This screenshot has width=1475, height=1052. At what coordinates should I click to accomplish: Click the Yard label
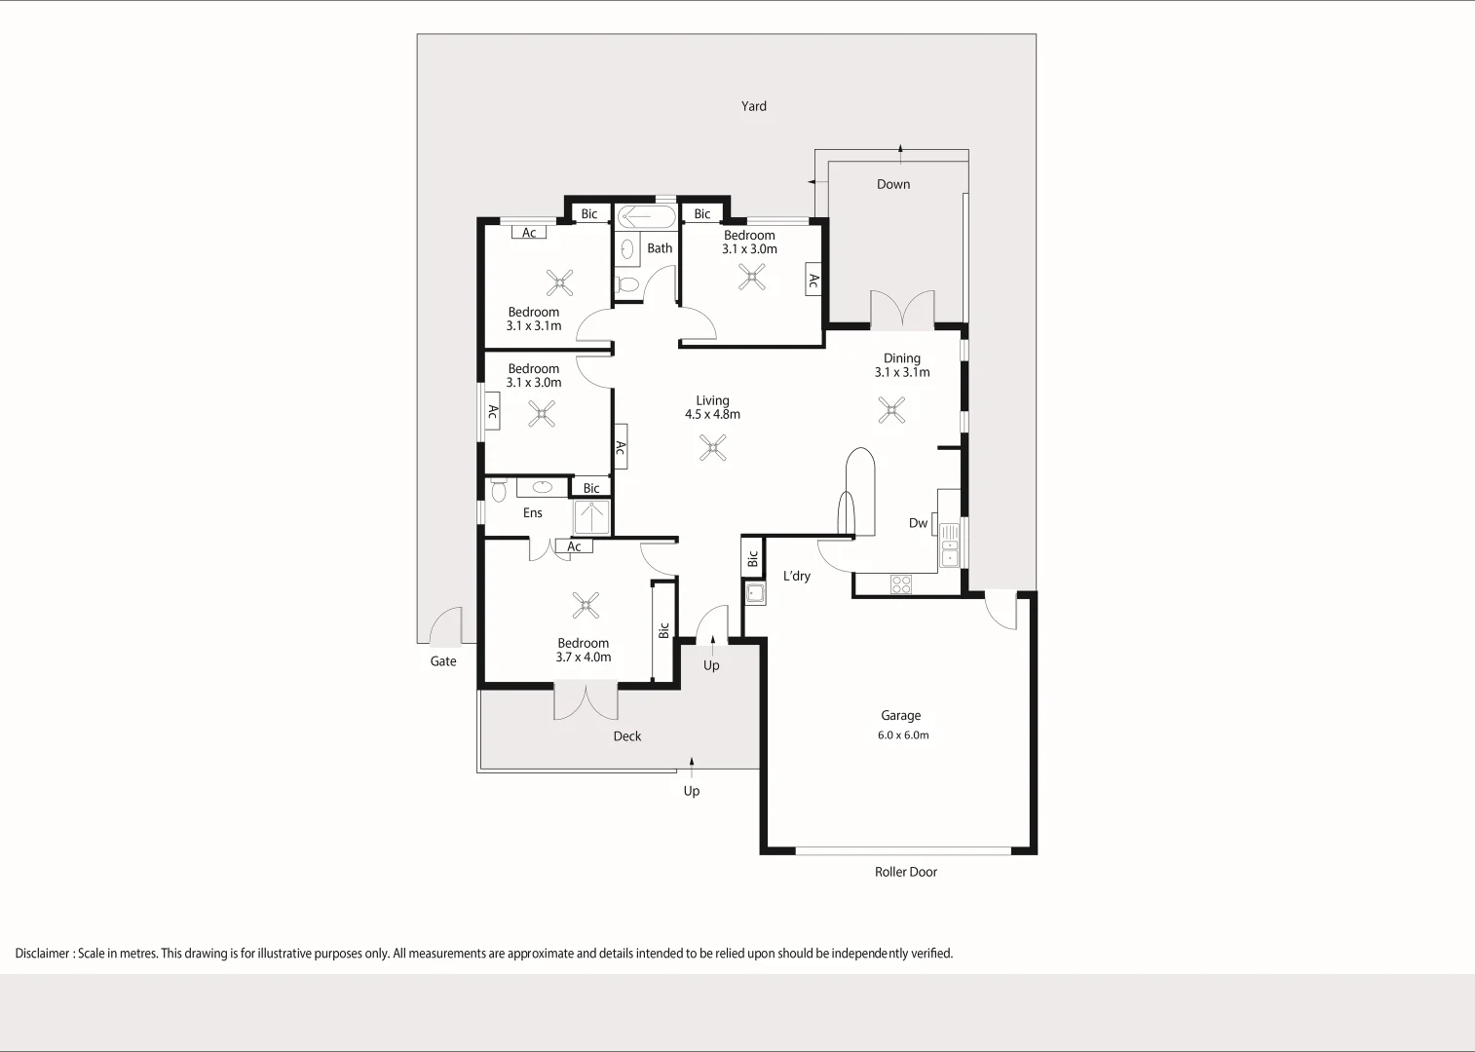click(x=753, y=106)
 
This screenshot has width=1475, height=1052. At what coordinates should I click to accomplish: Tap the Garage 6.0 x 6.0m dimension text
click(x=903, y=735)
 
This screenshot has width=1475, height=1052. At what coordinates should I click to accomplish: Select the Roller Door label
click(x=905, y=872)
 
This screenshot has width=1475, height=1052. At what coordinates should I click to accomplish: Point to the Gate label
click(x=443, y=661)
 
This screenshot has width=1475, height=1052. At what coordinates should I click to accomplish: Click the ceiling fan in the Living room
click(x=713, y=447)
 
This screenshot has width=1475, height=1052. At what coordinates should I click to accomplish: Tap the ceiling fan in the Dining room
click(x=891, y=410)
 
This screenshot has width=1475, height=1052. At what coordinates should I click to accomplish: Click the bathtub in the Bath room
click(x=645, y=216)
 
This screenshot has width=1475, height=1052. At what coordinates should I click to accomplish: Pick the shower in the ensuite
click(x=591, y=517)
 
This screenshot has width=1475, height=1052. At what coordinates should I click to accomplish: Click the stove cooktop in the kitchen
click(x=901, y=584)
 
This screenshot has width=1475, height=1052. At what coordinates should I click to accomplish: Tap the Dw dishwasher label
click(x=918, y=523)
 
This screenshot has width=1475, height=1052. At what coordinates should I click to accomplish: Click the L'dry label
click(x=797, y=576)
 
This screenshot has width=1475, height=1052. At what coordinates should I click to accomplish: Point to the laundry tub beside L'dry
click(x=755, y=592)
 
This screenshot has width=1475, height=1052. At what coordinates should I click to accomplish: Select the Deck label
click(x=627, y=736)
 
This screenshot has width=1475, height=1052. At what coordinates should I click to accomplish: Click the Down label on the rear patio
click(x=893, y=184)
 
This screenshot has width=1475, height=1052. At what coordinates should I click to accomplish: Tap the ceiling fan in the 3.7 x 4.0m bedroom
click(x=586, y=605)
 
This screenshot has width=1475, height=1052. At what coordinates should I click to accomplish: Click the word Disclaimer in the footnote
click(x=42, y=954)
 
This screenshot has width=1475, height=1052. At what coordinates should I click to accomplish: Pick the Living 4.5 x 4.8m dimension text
click(x=712, y=414)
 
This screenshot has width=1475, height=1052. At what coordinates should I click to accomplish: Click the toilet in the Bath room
click(x=627, y=284)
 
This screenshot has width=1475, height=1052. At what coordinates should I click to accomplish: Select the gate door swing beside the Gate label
click(x=447, y=627)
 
